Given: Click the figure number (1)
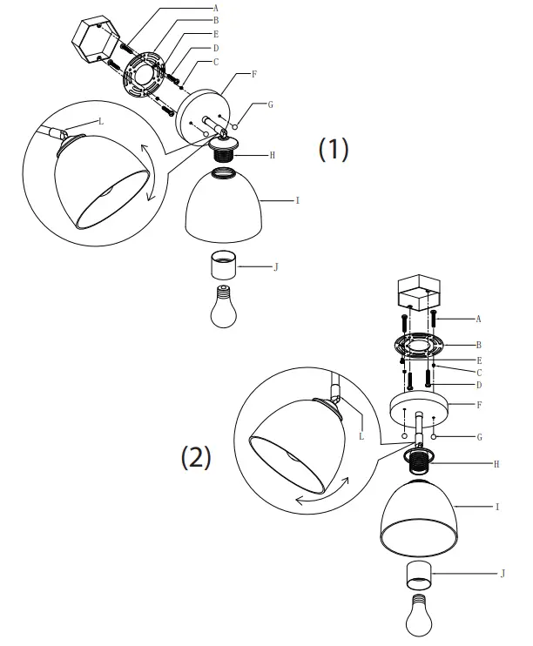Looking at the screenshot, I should (333, 149).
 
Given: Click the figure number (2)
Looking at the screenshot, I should (196, 457).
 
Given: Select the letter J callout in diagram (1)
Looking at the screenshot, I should (276, 266).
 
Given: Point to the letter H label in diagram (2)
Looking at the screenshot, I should (496, 465).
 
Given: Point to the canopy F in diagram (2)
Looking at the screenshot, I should (422, 407).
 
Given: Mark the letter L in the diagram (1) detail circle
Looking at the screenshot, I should (101, 121).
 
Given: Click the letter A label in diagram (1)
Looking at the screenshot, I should (215, 7).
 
